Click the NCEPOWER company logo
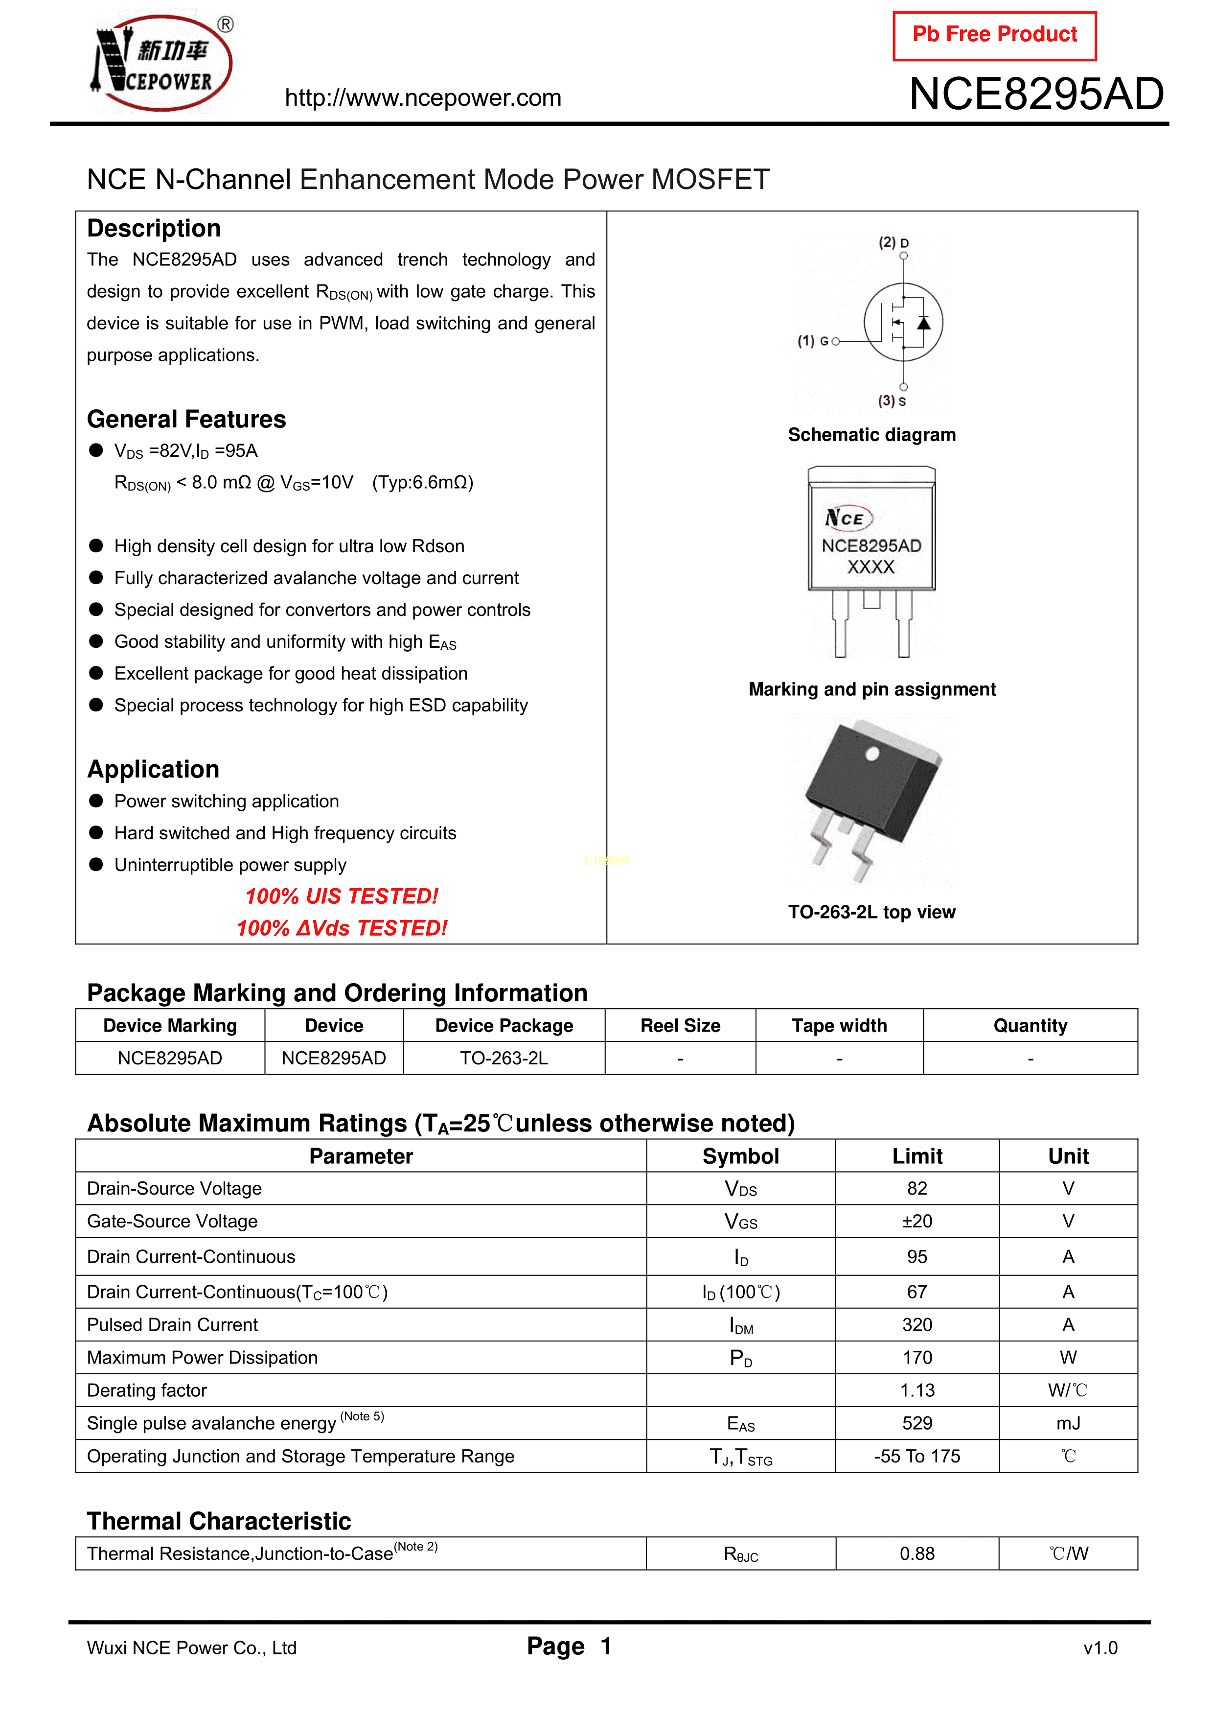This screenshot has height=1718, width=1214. (x=161, y=64)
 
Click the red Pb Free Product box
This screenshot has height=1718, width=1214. (x=994, y=35)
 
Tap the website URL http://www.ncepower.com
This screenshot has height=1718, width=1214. (x=423, y=98)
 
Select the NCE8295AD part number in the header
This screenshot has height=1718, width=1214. (x=1036, y=94)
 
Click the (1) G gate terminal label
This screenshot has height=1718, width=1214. (x=812, y=341)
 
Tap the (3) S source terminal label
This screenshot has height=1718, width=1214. (x=892, y=401)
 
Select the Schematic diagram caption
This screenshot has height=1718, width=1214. (x=871, y=435)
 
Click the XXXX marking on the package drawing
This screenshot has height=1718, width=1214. (x=870, y=567)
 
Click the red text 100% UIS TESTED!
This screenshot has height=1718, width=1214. (x=342, y=896)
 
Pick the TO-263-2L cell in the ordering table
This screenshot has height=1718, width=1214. (x=504, y=1058)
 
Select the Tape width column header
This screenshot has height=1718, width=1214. (x=839, y=1026)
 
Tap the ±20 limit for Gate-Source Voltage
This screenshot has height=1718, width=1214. (x=917, y=1221)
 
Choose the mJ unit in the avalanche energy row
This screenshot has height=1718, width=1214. (x=1068, y=1423)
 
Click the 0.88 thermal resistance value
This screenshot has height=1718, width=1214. (x=917, y=1554)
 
